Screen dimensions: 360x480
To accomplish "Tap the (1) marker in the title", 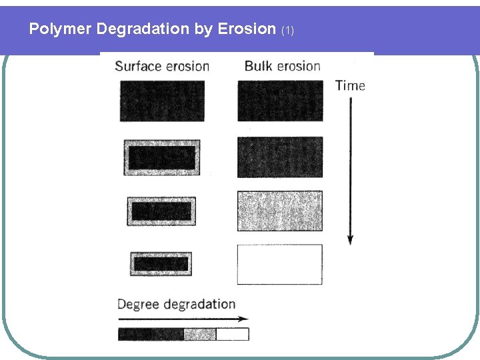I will (x=287, y=31).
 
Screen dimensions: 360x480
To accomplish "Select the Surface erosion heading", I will (x=162, y=66).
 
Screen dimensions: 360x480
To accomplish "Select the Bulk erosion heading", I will (x=282, y=66).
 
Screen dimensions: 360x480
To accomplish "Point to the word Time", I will (x=350, y=85).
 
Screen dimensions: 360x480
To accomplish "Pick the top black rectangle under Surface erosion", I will (x=162, y=101).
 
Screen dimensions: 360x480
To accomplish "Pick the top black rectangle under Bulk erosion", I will (x=280, y=101).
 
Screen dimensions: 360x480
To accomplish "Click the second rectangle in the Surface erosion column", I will (x=162, y=158).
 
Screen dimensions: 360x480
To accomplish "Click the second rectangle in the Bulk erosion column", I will (x=280, y=157).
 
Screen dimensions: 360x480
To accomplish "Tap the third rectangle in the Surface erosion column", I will (x=161, y=211).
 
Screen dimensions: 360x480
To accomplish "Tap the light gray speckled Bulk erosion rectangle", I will (x=280, y=211).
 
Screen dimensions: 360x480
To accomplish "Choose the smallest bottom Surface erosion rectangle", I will (x=161, y=264).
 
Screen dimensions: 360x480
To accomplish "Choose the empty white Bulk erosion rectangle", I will (x=280, y=264).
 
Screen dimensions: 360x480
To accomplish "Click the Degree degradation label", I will (x=176, y=305).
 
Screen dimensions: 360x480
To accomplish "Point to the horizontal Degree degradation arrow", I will (x=183, y=319).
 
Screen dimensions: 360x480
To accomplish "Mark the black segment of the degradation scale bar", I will (x=151, y=334).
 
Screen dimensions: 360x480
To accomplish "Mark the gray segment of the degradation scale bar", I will (x=199, y=334).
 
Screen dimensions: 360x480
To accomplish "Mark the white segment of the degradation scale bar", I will (x=232, y=334).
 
